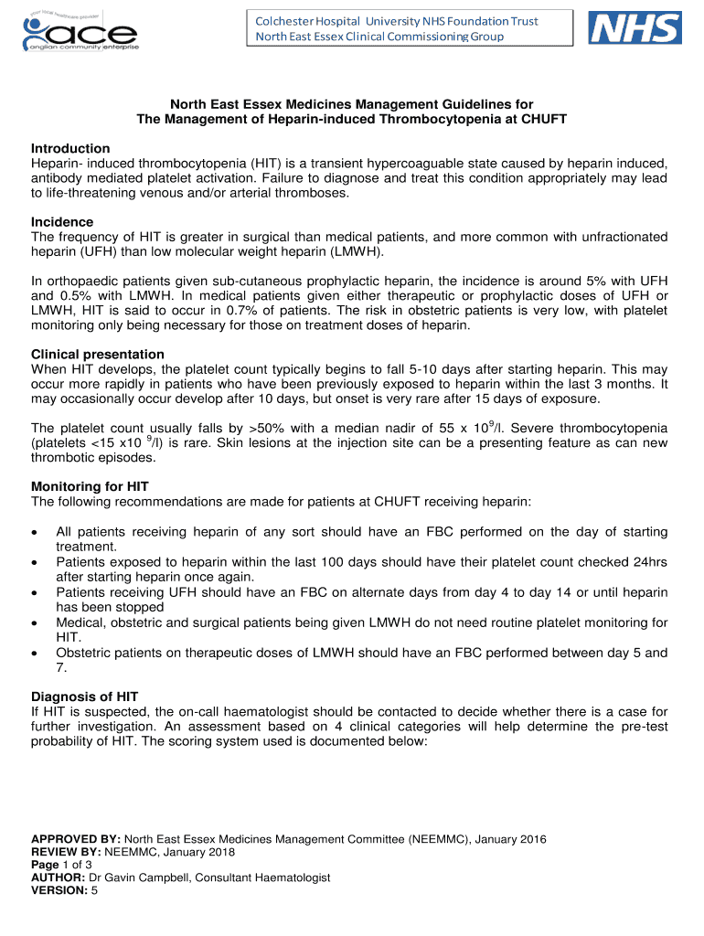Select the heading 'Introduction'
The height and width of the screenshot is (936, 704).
coord(70,148)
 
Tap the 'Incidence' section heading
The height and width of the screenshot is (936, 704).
coord(62,222)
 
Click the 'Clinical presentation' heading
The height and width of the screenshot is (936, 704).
coord(98,354)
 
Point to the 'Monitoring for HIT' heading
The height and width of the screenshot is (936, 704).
coord(90,486)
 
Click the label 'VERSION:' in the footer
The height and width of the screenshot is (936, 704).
coord(59,890)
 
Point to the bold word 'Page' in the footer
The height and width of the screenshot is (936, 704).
coord(46,865)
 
